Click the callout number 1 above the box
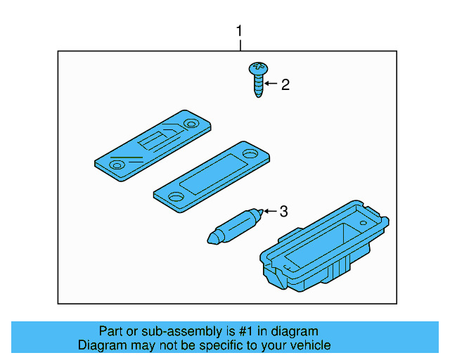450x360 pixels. (x=240, y=32)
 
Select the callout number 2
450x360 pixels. (x=285, y=85)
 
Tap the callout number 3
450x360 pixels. (x=284, y=211)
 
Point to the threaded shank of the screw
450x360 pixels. (x=259, y=86)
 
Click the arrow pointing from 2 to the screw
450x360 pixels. (x=271, y=85)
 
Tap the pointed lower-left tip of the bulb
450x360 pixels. (x=209, y=240)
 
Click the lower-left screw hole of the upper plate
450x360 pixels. (x=117, y=164)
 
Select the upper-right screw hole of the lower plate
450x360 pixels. (x=250, y=153)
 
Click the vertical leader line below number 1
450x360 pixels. (x=240, y=45)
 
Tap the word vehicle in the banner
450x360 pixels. (x=310, y=345)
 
